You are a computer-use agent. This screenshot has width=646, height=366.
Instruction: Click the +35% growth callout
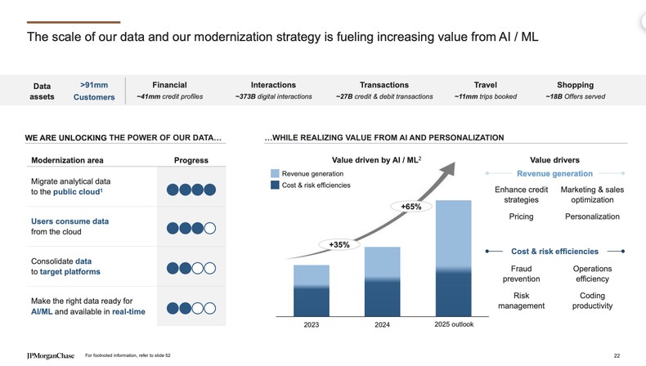[x=339, y=244]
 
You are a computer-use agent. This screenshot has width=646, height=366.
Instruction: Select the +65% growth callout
[x=411, y=207]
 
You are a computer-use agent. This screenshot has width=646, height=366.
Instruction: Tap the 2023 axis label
[x=311, y=325]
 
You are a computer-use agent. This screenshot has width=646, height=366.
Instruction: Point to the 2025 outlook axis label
[x=454, y=325]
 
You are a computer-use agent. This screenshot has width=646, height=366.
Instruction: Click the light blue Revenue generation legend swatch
[x=275, y=174]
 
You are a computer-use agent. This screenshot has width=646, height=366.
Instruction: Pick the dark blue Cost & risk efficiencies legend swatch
[x=275, y=185]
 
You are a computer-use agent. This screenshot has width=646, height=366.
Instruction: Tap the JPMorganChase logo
[x=50, y=356]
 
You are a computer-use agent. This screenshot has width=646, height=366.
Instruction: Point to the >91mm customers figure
[x=92, y=84]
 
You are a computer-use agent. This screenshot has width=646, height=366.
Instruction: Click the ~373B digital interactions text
[x=273, y=97]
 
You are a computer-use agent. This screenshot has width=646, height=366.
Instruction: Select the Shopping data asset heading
[x=575, y=85]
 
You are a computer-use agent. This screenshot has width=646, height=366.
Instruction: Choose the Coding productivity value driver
[x=591, y=301]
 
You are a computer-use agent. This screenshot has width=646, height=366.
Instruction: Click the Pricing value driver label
[x=521, y=216]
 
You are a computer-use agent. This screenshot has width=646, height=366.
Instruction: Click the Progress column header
[x=191, y=160]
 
